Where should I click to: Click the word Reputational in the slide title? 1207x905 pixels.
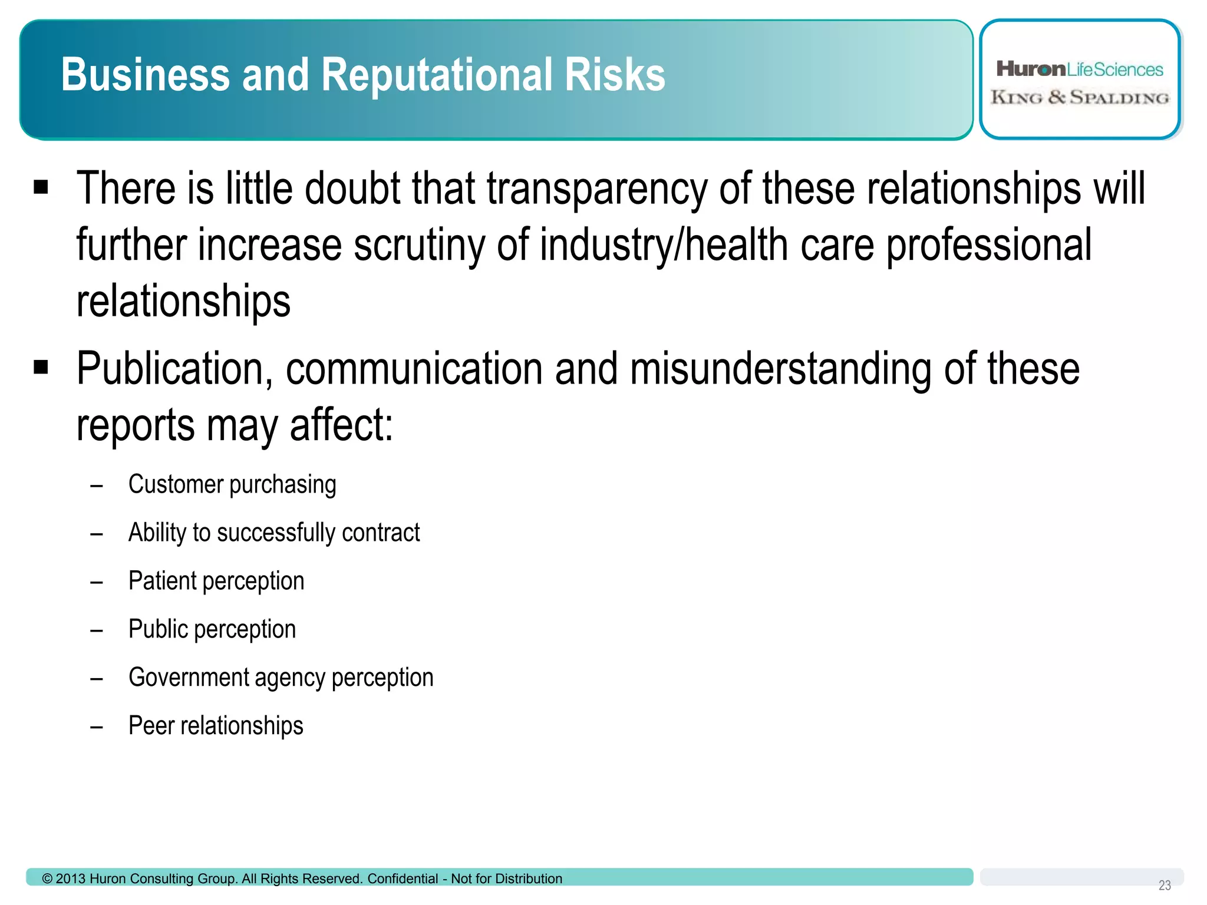[438, 75]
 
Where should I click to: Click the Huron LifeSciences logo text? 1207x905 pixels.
[1080, 70]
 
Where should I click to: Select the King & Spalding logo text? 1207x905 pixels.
[1080, 97]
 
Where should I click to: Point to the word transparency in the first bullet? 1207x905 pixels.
[596, 190]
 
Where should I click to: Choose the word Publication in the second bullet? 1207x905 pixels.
[174, 370]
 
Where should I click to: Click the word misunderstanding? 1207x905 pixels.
[781, 370]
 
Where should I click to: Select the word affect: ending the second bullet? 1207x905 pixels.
[341, 425]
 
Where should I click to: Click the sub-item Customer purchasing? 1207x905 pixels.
[232, 485]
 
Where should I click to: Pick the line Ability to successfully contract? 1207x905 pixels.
[274, 533]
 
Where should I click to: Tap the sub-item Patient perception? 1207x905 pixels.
[216, 582]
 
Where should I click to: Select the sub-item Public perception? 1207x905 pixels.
[212, 630]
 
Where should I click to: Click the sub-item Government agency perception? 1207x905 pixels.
[281, 678]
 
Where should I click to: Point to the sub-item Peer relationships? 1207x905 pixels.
[216, 726]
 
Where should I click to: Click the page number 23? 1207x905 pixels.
[1165, 886]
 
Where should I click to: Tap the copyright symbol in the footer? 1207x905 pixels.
[47, 879]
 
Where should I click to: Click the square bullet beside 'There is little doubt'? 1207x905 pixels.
[41, 188]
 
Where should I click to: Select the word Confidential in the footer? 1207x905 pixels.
[403, 879]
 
